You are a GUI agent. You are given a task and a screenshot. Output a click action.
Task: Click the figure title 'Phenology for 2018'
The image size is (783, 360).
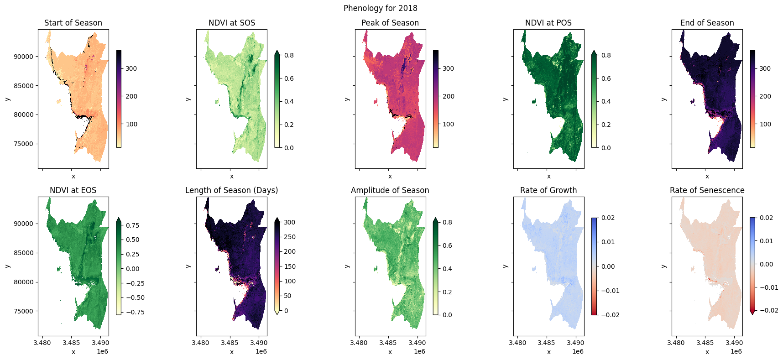coord(380,8)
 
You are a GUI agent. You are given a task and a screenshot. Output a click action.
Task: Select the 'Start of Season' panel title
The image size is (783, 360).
coord(73,23)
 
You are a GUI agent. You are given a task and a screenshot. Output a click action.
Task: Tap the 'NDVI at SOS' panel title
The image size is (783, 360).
coord(231,23)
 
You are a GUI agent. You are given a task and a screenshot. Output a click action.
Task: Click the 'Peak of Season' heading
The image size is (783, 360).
coord(390,23)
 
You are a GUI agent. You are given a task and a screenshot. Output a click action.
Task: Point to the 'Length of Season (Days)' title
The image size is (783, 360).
coord(231,190)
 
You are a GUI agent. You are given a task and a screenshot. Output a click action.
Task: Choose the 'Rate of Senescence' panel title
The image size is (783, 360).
coord(707,190)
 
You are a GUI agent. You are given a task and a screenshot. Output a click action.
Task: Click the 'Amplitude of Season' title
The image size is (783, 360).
coord(390,190)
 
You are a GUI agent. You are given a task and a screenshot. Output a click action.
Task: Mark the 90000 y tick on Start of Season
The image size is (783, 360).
coord(24,57)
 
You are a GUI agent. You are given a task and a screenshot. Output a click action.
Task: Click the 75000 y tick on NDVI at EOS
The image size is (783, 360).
coord(24,311)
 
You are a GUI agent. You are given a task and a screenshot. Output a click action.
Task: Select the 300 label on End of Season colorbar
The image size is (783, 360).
coord(765,68)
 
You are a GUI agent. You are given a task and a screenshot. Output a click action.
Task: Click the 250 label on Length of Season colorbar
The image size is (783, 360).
coord(290,237)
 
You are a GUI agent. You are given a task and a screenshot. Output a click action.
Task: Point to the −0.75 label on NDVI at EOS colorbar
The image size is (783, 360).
coord(135,312)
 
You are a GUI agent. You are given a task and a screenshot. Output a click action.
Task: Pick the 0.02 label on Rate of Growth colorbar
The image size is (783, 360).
coord(608,218)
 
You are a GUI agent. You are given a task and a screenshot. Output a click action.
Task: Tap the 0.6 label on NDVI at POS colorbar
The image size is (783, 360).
coord(606,78)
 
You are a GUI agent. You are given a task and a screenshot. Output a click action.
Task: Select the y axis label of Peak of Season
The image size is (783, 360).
coord(347,99)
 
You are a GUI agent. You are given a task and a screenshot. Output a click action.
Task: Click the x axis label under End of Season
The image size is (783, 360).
coord(707,177)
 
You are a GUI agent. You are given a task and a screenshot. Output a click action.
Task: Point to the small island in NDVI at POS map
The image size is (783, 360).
coord(534,101)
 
